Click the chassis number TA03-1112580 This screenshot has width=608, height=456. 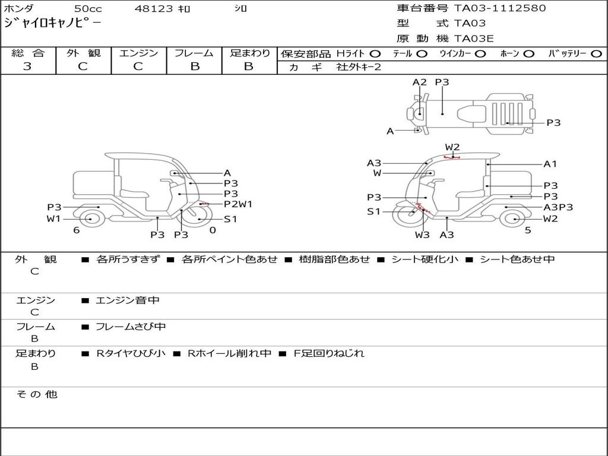500,8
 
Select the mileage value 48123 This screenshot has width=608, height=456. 154,8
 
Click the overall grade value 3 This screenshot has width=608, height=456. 27,66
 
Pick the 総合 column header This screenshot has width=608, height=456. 28,53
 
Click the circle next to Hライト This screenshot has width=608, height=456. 375,54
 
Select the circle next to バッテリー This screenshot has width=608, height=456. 597,54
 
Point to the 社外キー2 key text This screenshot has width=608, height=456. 359,67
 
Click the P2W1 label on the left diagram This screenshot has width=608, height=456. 238,204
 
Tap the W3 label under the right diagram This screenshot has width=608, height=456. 422,235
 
